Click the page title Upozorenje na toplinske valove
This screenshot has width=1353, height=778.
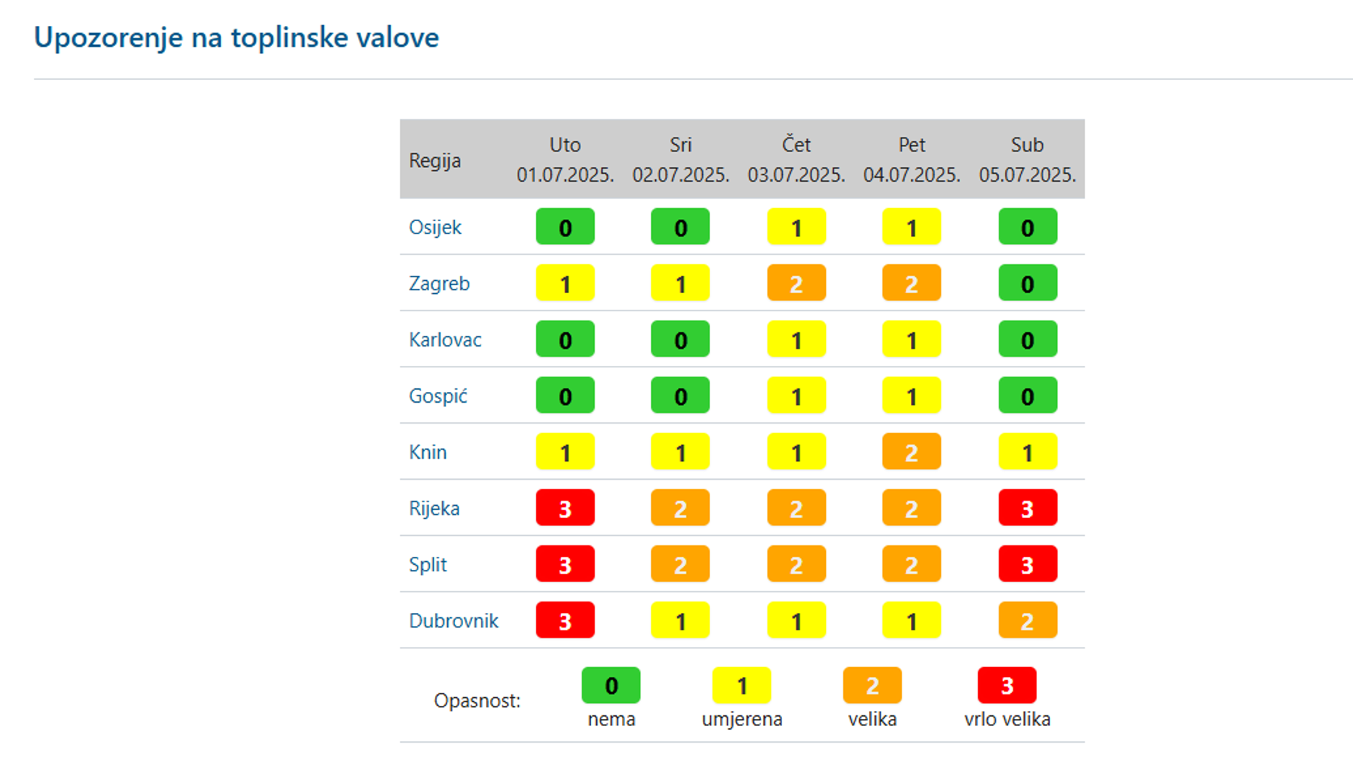[x=236, y=37]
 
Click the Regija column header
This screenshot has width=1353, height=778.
[x=435, y=160]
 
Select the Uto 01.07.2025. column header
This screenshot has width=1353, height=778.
[x=565, y=160]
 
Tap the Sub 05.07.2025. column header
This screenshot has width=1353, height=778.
[x=1027, y=160]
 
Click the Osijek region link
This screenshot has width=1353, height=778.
[x=435, y=228]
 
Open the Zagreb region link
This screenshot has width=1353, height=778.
[x=439, y=284]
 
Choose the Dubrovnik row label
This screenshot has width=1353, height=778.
[x=454, y=621]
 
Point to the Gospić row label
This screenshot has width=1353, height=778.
[x=438, y=396]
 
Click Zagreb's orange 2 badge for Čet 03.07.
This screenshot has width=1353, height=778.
[x=796, y=284]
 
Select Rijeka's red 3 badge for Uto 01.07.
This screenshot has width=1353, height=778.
[x=565, y=509]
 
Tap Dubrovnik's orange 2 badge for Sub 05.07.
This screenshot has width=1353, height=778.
[x=1028, y=621]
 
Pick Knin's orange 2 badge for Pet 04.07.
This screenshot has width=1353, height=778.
[x=912, y=452]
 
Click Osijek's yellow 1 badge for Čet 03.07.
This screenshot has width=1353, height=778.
[x=796, y=228]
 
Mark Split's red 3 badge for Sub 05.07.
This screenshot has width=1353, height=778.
[x=1028, y=565]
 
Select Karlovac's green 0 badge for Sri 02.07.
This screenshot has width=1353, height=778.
[x=680, y=340]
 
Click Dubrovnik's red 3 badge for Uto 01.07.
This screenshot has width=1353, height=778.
[x=565, y=621]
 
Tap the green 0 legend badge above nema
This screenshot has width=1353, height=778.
[x=611, y=686]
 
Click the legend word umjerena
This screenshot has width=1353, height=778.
[x=742, y=720]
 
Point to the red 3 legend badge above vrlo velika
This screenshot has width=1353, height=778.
[x=1007, y=686]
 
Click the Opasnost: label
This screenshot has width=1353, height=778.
[x=477, y=701]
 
